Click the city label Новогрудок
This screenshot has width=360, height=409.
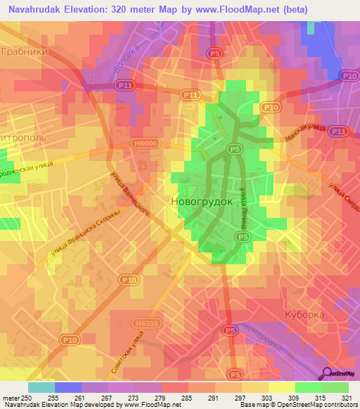[x=202, y=201]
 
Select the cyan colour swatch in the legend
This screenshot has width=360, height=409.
[x=41, y=387]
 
